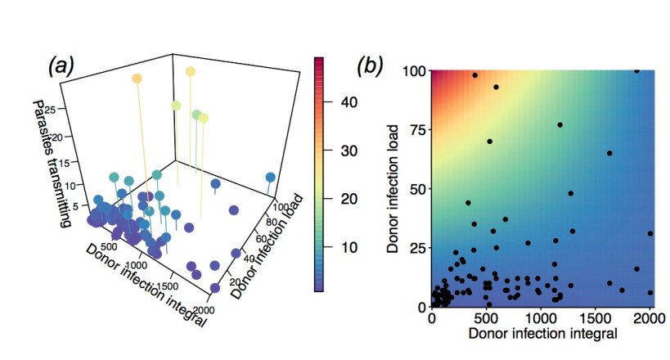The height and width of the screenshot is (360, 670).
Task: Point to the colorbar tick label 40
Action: point(348,102)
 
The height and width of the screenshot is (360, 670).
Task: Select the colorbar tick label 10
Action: point(348,247)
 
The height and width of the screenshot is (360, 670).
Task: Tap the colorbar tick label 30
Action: point(348,151)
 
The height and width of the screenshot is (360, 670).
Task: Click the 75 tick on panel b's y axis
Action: point(413,130)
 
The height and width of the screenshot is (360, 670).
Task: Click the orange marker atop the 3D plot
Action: point(137,79)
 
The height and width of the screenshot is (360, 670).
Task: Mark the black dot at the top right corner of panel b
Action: point(637,70)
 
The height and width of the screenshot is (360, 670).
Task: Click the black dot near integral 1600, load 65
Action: point(609,153)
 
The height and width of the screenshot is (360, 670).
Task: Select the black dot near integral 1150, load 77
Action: point(560,125)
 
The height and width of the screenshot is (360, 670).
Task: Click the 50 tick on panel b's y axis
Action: point(413,189)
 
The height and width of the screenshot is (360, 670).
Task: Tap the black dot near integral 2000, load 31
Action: point(650,233)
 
